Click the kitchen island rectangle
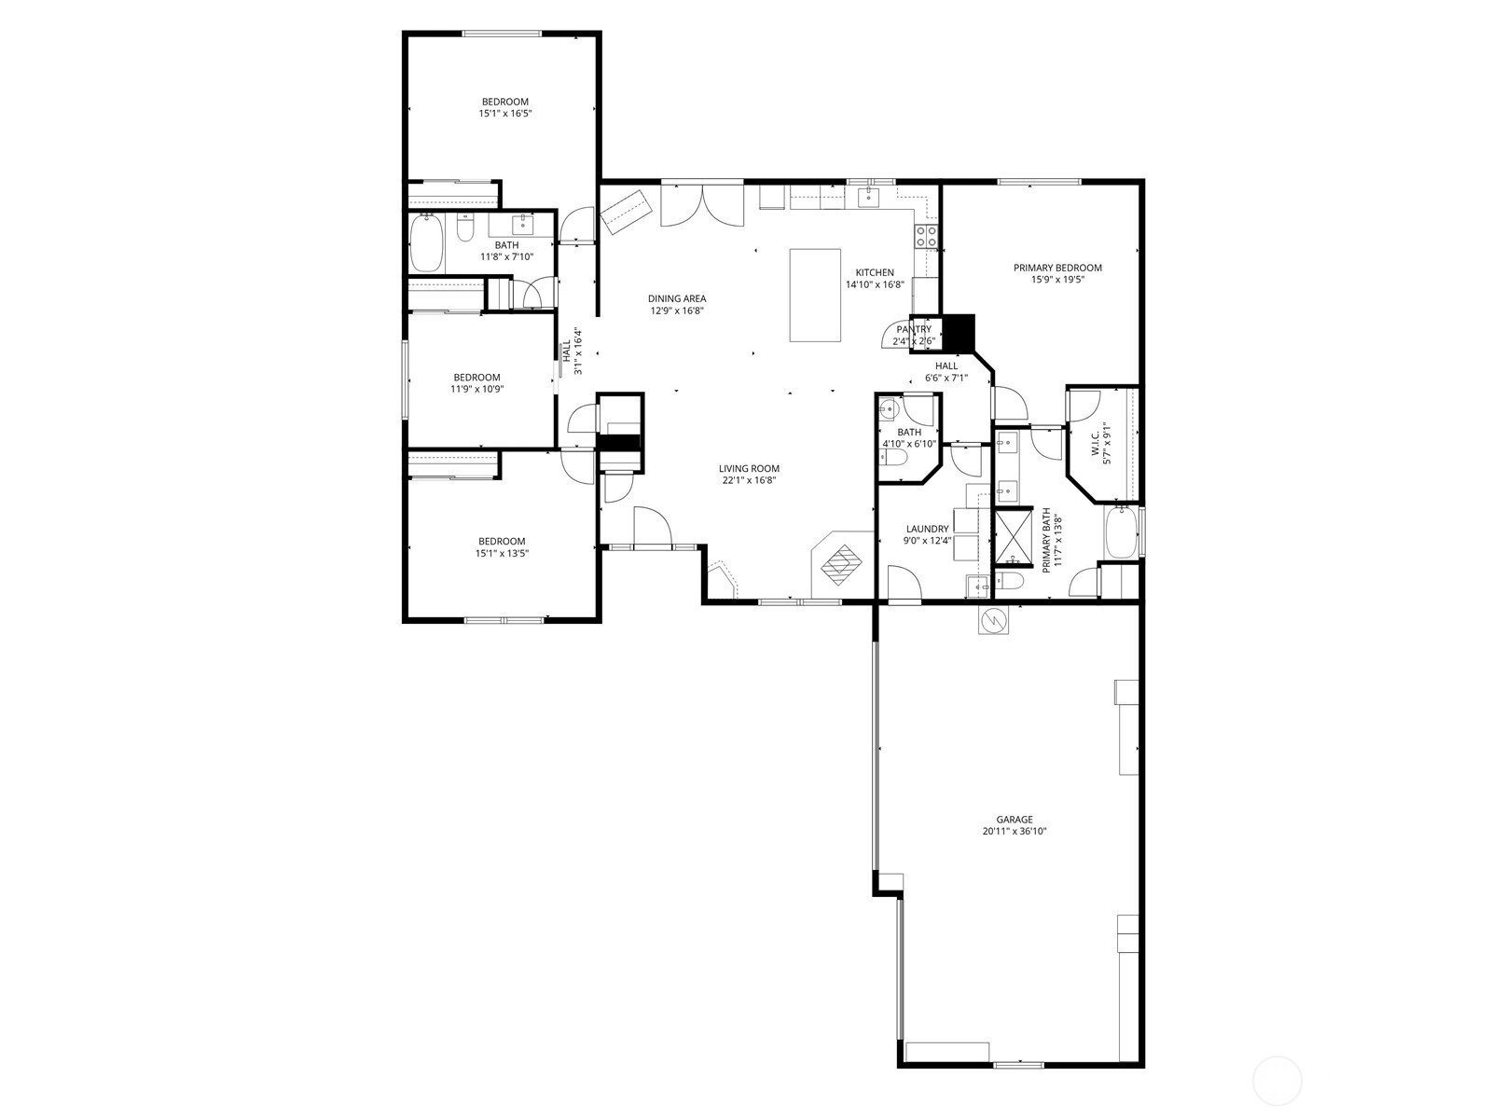[816, 295]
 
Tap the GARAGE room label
[1014, 820]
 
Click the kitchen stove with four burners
[926, 237]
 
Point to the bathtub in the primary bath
[1120, 531]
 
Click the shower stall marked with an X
[1013, 537]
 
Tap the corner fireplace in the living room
[842, 563]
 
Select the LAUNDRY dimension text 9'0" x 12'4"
[927, 541]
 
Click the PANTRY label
[914, 329]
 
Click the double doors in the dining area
[702, 207]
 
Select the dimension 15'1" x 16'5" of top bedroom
[505, 113]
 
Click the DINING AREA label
[677, 298]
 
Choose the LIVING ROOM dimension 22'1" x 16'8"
[749, 480]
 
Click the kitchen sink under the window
[869, 196]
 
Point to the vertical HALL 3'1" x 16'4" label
[572, 351]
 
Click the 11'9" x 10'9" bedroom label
[477, 378]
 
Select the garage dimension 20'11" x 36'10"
[1014, 831]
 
